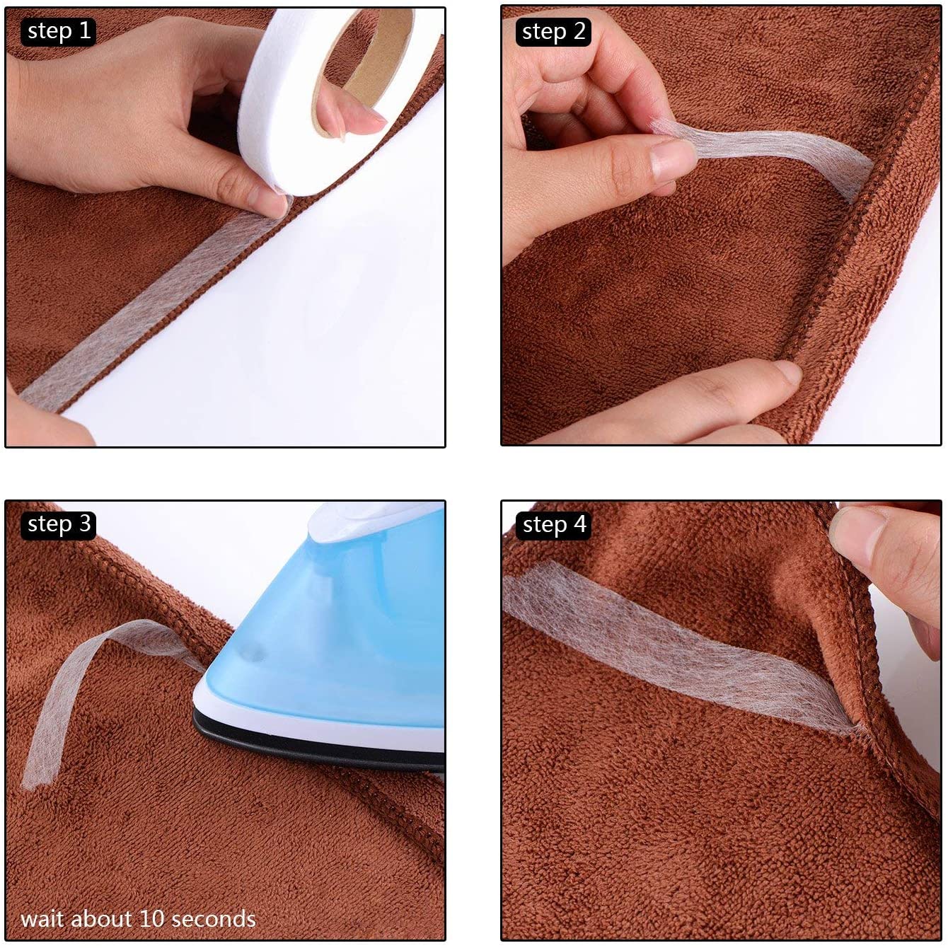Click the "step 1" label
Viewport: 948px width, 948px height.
coord(59,32)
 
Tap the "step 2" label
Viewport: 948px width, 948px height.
coord(553,32)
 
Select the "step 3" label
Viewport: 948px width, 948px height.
coord(59,524)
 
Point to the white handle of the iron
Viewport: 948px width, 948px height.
coord(374,521)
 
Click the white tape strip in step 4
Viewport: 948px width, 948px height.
coord(679,649)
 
